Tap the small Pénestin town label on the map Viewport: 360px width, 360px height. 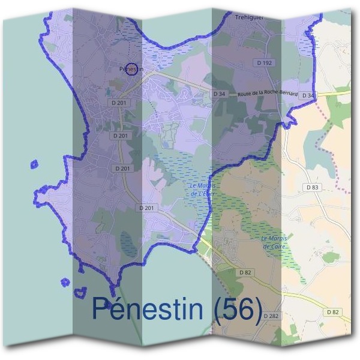click(x=128, y=70)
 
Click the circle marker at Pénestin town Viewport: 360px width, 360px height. click(x=133, y=70)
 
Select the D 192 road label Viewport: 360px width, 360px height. click(x=265, y=62)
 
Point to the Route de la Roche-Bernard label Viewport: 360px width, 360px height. click(x=268, y=94)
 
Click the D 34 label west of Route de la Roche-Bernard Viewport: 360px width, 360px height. click(x=219, y=94)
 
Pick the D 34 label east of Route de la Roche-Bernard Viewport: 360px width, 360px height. click(x=308, y=95)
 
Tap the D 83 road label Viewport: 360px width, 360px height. click(x=312, y=187)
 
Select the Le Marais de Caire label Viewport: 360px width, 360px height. click(x=275, y=242)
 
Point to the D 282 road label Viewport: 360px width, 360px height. click(x=271, y=316)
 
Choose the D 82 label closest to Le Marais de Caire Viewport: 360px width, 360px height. click(x=245, y=272)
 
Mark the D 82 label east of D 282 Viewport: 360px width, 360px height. click(x=333, y=312)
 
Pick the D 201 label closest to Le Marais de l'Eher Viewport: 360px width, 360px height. click(x=147, y=208)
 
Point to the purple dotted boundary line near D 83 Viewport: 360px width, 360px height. click(x=324, y=144)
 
